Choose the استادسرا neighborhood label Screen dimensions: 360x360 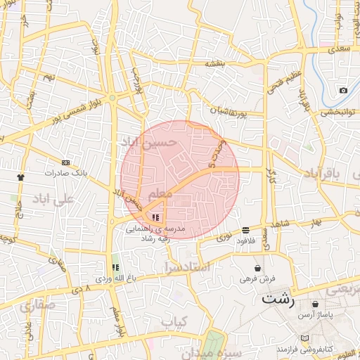pyautogui.click(x=186, y=267)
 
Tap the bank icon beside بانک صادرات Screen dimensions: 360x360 pyautogui.click(x=65, y=162)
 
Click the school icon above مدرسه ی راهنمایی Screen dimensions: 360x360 pyautogui.click(x=155, y=217)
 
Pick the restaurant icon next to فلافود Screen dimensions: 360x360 pyautogui.click(x=245, y=230)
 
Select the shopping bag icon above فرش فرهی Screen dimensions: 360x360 pyautogui.click(x=257, y=269)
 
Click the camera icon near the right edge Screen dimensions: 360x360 pyautogui.click(x=343, y=90)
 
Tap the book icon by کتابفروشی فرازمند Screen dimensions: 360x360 pyautogui.click(x=304, y=338)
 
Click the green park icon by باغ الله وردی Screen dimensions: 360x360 pyautogui.click(x=115, y=267)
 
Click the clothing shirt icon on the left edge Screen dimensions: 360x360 pyautogui.click(x=20, y=177)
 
